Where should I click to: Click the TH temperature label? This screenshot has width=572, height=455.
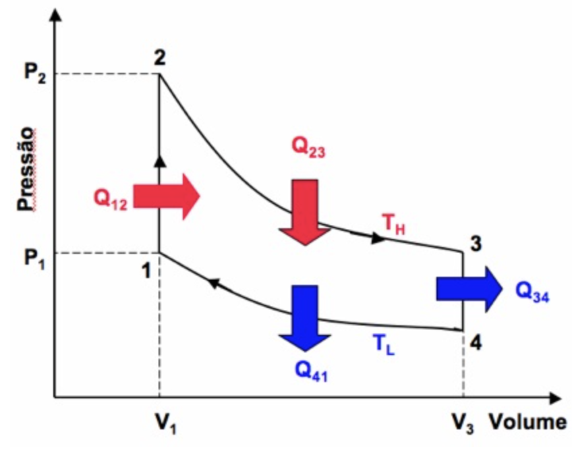[395, 225]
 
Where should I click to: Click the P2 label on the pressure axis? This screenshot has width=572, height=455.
[34, 74]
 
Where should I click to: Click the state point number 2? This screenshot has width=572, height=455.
[160, 58]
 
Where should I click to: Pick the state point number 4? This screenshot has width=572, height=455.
[476, 343]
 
